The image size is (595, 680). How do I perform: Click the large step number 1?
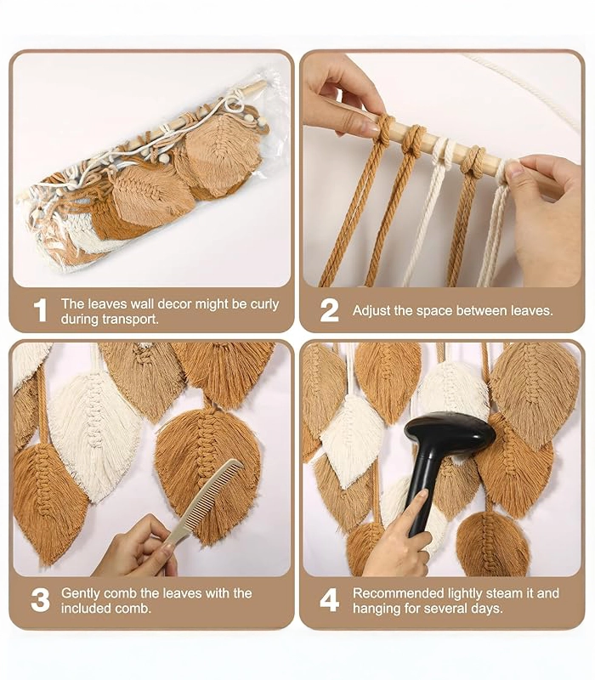(40, 310)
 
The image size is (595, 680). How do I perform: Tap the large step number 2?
(329, 310)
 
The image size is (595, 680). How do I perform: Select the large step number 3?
(40, 601)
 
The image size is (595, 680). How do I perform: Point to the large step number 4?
(329, 601)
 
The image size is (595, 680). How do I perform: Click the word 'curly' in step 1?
(264, 304)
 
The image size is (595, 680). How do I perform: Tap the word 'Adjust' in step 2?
(371, 311)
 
